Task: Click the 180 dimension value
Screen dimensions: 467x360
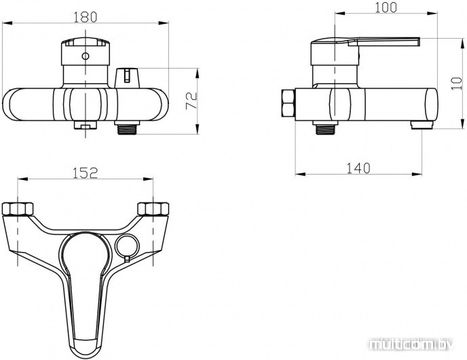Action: (x=85, y=17)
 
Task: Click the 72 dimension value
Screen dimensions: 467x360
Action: (x=191, y=101)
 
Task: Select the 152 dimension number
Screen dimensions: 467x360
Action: (x=85, y=173)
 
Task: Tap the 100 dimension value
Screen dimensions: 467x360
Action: (x=386, y=7)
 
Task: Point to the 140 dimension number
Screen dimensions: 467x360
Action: (x=358, y=168)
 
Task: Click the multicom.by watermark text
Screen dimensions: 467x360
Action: (x=411, y=345)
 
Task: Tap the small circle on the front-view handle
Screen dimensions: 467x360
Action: (x=86, y=56)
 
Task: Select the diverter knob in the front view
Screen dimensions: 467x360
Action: (x=127, y=78)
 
